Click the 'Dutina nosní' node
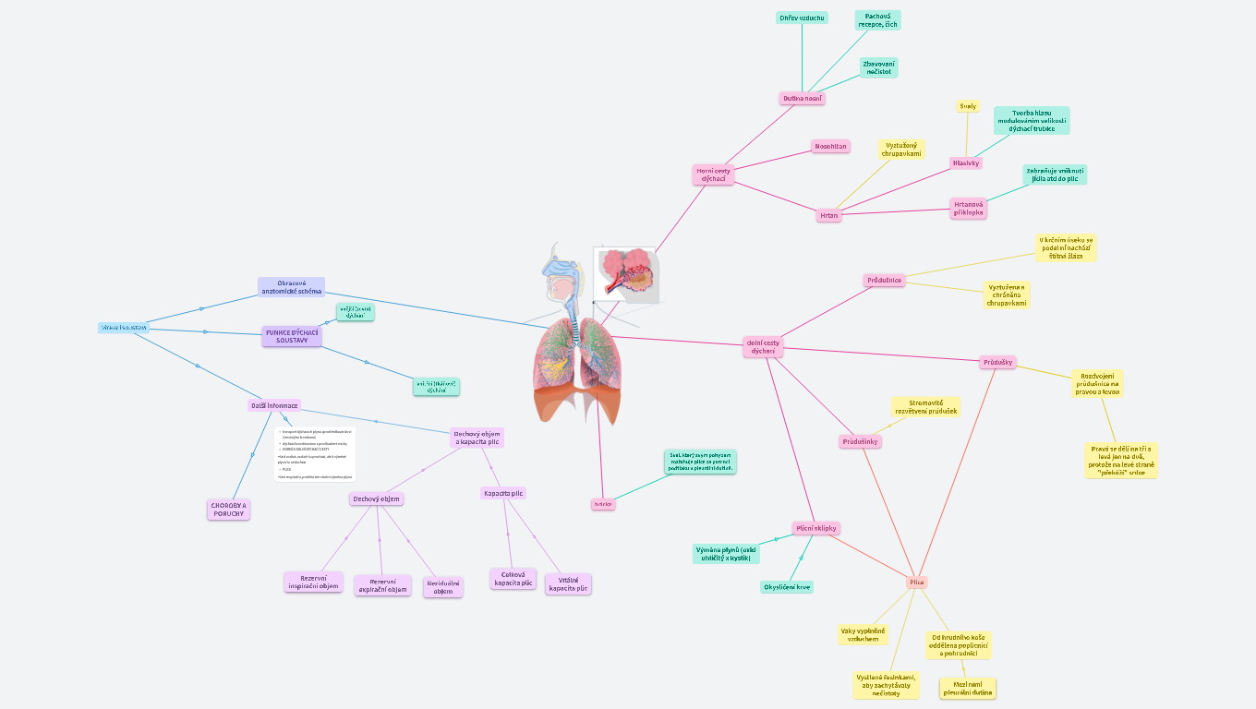click(x=802, y=98)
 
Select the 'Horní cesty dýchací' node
click(x=713, y=174)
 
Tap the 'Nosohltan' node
click(x=830, y=146)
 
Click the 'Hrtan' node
click(x=828, y=215)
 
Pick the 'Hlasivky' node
click(x=965, y=162)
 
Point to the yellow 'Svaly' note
click(x=967, y=106)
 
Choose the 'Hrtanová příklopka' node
click(x=968, y=208)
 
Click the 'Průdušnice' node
click(x=884, y=280)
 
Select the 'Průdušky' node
click(x=997, y=362)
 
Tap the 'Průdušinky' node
click(x=861, y=441)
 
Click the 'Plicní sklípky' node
click(x=815, y=528)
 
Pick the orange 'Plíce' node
click(x=916, y=582)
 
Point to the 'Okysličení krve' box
click(x=787, y=586)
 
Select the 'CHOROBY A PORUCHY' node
click(x=228, y=510)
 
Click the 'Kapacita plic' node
click(x=503, y=493)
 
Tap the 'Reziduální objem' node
click(x=443, y=587)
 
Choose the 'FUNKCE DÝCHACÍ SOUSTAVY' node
click(x=292, y=337)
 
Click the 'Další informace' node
click(x=274, y=405)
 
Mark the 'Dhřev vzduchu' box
click(x=802, y=18)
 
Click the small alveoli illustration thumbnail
click(x=625, y=273)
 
